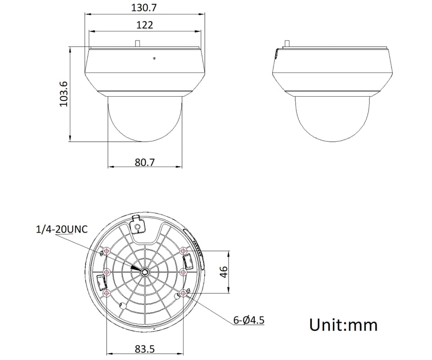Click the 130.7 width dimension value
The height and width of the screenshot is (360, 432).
click(144, 8)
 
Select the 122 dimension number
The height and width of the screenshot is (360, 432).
click(144, 25)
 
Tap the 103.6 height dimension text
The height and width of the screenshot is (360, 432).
click(63, 94)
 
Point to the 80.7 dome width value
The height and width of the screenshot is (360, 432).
click(144, 162)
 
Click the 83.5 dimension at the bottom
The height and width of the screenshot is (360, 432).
click(144, 349)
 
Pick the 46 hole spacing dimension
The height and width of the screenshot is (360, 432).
click(223, 272)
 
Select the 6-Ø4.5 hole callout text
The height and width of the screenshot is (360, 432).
click(249, 320)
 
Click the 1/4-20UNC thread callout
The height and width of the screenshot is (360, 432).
click(62, 229)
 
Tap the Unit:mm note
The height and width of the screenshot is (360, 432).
click(343, 325)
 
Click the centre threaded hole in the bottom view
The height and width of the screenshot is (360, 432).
click(144, 272)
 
